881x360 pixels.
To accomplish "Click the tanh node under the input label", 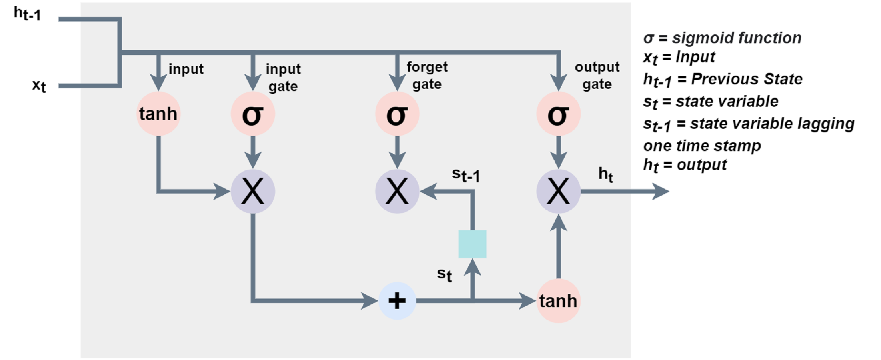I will [x=158, y=114].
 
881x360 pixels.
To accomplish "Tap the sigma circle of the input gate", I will [x=253, y=114].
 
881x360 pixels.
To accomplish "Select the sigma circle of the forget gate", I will [x=397, y=114].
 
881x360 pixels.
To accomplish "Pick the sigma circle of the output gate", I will [x=558, y=114].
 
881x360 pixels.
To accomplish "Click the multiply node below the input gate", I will [x=253, y=191].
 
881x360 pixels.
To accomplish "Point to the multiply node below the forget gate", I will [x=397, y=191].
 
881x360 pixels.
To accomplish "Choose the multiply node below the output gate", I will [x=558, y=191].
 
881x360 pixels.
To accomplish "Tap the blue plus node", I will [x=397, y=301].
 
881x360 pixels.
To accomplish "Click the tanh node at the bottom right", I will [x=558, y=301].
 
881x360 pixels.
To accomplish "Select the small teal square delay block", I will [x=472, y=244].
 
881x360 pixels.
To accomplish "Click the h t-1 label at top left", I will [x=27, y=14].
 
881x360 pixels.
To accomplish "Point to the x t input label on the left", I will [x=39, y=86].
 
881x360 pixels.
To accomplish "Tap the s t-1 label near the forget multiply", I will [x=466, y=175].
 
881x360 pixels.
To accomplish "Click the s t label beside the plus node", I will [x=444, y=275].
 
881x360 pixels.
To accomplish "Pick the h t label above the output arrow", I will [x=605, y=174].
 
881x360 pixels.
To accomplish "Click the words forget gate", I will [x=427, y=75].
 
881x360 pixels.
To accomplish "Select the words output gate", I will [x=597, y=75].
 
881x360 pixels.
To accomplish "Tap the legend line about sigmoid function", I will [x=722, y=38].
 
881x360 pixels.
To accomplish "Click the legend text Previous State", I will [x=747, y=79].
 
